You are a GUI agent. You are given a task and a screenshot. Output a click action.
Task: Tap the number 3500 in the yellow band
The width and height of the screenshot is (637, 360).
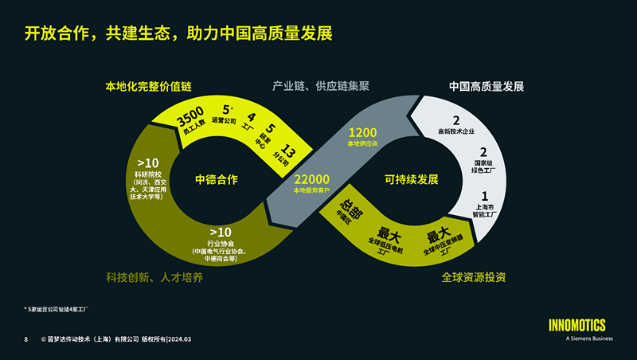coord(191,112)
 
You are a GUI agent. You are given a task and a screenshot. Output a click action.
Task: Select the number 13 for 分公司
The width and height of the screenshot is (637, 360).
coord(288,152)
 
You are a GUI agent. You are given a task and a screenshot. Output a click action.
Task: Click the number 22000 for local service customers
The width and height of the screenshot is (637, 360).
coord(312,179)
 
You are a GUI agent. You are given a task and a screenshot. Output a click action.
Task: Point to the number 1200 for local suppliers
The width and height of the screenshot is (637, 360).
coord(362,132)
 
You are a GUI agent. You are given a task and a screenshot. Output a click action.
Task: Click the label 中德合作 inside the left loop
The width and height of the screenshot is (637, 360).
coord(217,179)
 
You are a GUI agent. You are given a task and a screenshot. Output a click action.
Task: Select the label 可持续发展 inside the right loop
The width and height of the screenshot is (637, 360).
coord(411,179)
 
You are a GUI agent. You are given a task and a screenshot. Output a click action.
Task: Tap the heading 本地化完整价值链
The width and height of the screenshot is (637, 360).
coord(149,85)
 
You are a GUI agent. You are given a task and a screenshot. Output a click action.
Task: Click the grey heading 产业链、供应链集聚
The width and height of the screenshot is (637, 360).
coord(322,85)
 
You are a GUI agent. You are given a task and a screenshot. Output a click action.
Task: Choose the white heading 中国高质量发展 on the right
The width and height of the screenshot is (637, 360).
coord(486,85)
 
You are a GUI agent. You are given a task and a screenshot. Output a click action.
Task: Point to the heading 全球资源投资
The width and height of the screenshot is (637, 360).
coord(474,277)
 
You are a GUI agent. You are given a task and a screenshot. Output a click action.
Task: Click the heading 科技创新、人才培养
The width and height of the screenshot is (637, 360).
coord(154,277)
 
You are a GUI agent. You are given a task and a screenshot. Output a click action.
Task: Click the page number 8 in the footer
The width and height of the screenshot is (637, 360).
coord(26,339)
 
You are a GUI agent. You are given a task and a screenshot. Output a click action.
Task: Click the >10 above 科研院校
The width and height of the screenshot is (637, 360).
coord(148,163)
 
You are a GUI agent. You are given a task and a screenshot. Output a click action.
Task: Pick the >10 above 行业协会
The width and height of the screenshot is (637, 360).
coord(220,232)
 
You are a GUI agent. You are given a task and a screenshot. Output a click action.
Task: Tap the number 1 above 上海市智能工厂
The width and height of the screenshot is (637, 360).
coord(485,196)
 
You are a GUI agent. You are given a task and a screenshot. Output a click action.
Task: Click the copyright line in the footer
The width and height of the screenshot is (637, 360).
coord(116,339)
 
